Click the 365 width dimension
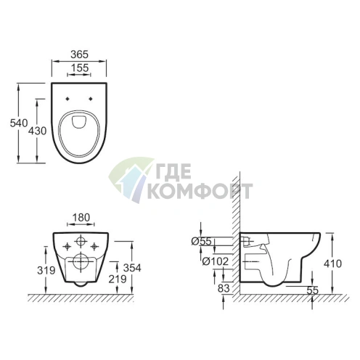(x=79, y=54)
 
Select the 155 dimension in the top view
(x=80, y=68)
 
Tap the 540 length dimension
(x=19, y=123)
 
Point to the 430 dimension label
(x=37, y=131)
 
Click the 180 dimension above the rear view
(x=81, y=218)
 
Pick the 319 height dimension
(x=46, y=270)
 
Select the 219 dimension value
(x=118, y=279)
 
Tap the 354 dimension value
(x=132, y=268)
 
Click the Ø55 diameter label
(x=202, y=241)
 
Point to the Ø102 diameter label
(x=216, y=261)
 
